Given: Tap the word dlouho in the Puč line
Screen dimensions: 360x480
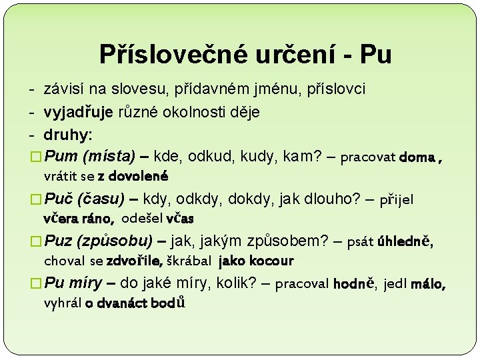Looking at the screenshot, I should (321, 199).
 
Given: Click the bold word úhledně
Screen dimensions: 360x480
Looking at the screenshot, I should (405, 241).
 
